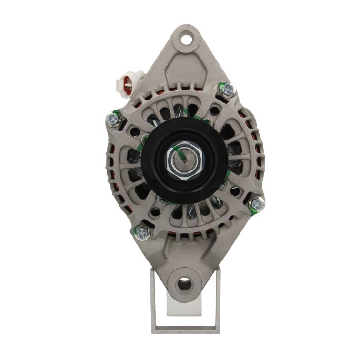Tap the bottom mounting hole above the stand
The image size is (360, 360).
click(x=184, y=284)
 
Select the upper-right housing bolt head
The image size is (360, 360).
click(x=228, y=89)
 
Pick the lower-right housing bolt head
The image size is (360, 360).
click(x=257, y=204)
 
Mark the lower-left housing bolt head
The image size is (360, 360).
click(x=142, y=233)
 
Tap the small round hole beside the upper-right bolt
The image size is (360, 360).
click(x=214, y=111)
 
